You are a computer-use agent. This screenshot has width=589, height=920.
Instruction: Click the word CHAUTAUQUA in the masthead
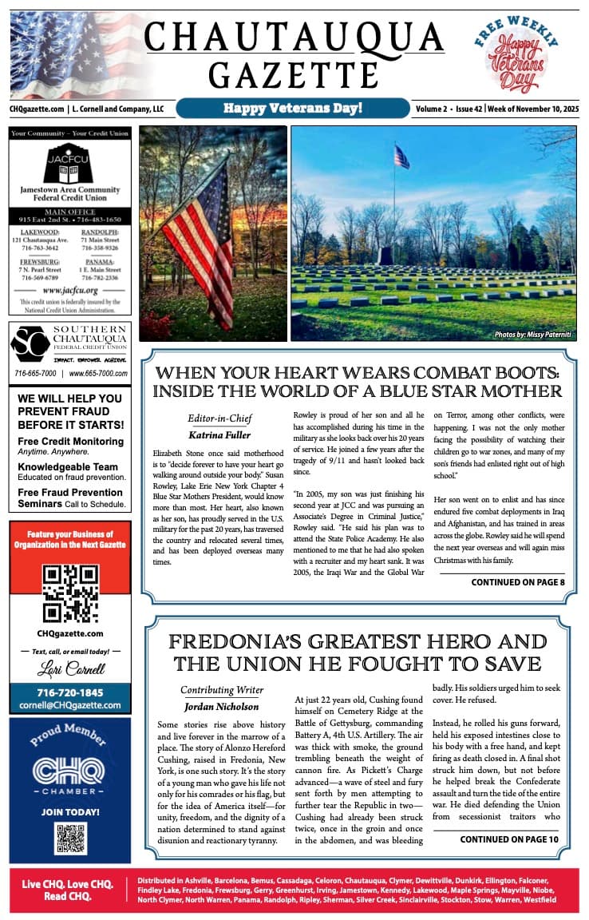click(x=294, y=37)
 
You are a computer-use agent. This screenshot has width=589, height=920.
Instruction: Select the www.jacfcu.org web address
click(x=70, y=290)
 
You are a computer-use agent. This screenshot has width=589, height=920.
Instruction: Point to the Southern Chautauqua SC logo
click(x=30, y=345)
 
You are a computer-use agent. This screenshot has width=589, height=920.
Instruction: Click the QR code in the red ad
click(x=70, y=593)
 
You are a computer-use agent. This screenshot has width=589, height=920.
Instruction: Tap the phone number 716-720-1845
click(x=70, y=692)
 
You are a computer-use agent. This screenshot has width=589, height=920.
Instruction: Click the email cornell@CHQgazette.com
click(x=70, y=705)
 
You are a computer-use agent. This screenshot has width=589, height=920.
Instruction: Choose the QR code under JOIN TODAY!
click(x=70, y=838)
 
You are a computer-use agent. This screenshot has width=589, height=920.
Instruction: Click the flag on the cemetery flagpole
click(x=401, y=157)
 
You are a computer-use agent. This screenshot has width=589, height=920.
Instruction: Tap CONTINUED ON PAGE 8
click(x=517, y=582)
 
